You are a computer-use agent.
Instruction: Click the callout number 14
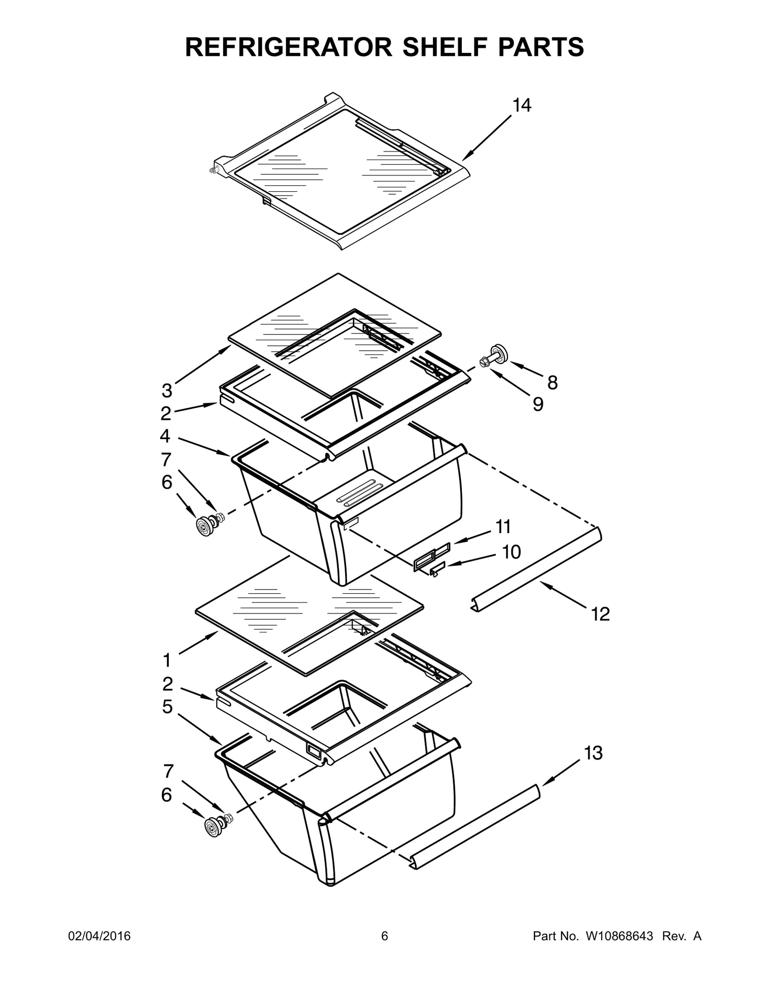(521, 105)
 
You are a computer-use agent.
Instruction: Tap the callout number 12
(600, 614)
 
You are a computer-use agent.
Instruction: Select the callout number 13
(594, 753)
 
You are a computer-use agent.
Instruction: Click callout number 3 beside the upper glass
(167, 391)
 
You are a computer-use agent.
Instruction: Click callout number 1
(167, 661)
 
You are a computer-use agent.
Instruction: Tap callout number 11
(503, 527)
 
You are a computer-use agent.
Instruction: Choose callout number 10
(511, 552)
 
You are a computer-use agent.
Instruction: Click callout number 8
(553, 382)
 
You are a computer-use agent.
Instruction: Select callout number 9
(538, 405)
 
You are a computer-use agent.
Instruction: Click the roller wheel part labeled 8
(498, 353)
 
